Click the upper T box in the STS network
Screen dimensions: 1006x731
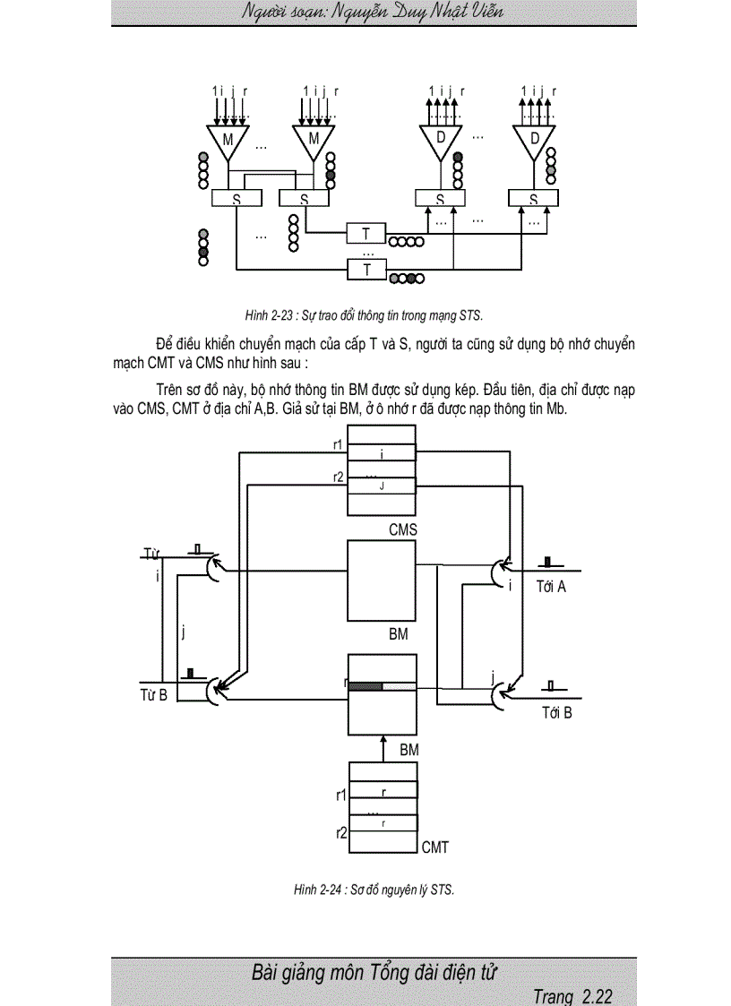tap(366, 234)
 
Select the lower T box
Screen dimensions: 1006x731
tap(366, 268)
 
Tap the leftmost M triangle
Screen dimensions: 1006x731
tap(228, 140)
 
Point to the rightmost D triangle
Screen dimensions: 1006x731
tap(535, 140)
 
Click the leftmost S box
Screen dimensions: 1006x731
tap(236, 199)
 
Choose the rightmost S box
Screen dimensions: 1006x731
tap(533, 199)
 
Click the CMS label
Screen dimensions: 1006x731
tap(402, 530)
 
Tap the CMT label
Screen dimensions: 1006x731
tap(434, 847)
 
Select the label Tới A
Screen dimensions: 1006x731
tap(551, 588)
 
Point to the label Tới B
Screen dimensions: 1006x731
tap(556, 713)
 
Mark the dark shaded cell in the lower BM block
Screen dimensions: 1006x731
tap(365, 687)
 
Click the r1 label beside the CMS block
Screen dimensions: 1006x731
tap(339, 444)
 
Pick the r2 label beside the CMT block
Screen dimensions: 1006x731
tap(341, 832)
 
